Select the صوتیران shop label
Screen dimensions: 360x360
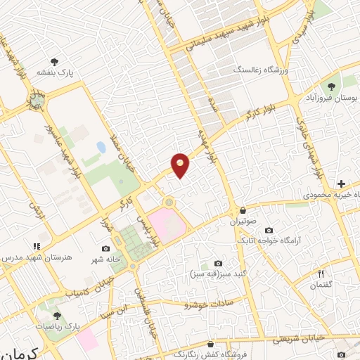(243, 221)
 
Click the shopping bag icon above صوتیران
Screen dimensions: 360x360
(243, 210)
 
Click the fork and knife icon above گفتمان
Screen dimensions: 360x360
(321, 274)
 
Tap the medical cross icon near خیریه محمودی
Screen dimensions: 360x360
(341, 183)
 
